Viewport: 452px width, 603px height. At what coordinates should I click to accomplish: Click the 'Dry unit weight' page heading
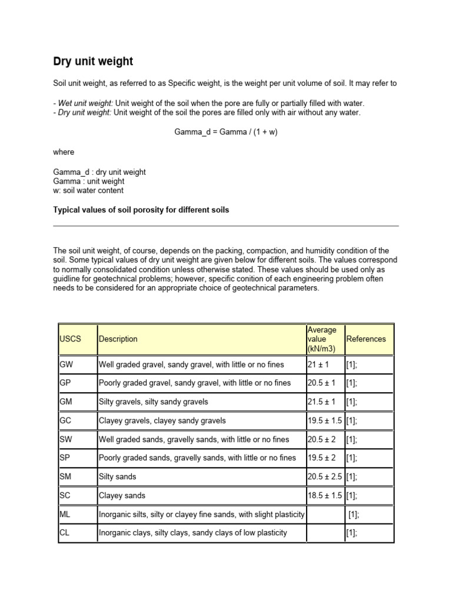(93, 61)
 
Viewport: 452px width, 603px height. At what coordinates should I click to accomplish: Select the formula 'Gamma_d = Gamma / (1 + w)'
(225, 132)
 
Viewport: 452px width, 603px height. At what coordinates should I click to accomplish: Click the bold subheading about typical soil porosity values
(141, 210)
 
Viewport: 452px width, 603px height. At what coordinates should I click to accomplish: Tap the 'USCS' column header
(70, 339)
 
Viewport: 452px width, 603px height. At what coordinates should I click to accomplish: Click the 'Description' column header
(118, 339)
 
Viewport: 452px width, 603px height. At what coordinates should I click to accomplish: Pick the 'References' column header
(366, 339)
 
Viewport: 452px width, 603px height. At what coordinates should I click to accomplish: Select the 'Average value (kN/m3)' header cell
(322, 339)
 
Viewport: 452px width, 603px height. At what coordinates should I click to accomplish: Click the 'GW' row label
(67, 365)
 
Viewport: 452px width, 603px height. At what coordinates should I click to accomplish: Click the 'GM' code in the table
(67, 402)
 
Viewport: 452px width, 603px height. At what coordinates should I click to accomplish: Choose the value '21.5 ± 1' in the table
(321, 402)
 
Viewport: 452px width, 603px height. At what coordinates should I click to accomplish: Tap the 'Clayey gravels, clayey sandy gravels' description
(162, 420)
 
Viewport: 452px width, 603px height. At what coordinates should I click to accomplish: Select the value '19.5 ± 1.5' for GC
(324, 420)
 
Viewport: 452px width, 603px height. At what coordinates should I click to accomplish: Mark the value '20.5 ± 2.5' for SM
(324, 477)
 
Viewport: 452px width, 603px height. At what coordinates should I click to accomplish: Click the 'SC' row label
(65, 496)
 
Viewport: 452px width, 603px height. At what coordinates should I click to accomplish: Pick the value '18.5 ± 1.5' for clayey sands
(324, 496)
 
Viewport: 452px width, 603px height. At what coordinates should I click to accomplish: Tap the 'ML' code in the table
(65, 514)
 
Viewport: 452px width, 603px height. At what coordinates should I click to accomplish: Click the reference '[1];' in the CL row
(352, 533)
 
